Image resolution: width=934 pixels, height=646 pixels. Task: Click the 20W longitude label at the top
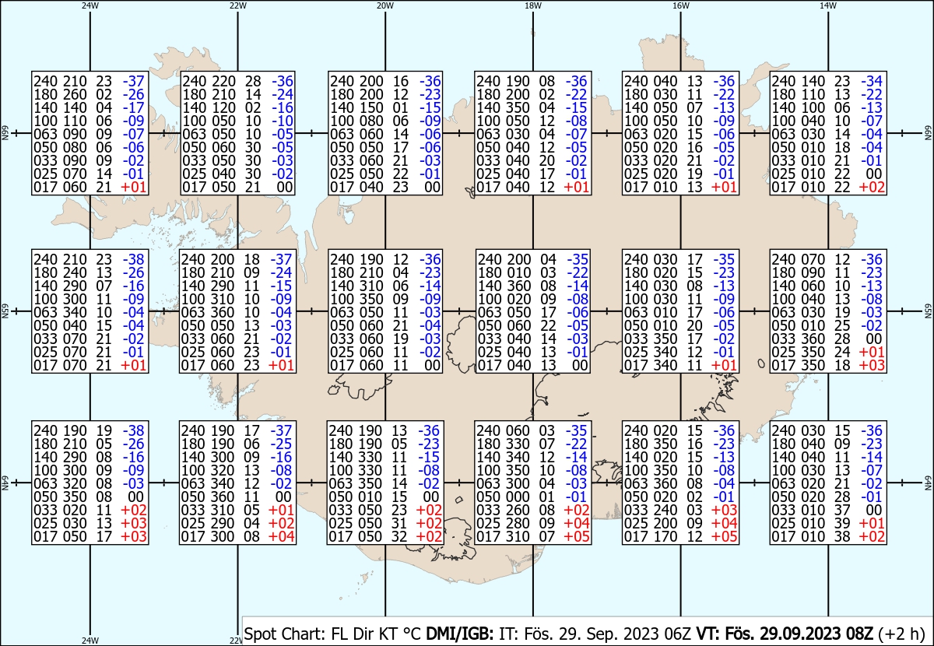point(384,6)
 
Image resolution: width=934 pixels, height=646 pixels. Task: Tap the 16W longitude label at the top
point(680,6)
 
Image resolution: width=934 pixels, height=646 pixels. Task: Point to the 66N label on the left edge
point(5,133)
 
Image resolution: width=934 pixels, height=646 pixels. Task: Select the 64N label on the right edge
point(928,483)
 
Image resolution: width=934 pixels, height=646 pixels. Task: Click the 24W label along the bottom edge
point(90,640)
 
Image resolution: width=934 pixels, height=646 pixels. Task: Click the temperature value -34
point(872,81)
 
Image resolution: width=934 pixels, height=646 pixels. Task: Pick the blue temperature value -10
point(283,121)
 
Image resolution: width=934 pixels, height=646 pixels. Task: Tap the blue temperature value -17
point(133,107)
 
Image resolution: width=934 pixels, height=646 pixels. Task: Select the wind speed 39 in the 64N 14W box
point(842,523)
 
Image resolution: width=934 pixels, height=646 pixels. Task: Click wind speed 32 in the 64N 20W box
point(399,537)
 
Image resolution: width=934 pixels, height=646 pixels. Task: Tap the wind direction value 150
point(370,107)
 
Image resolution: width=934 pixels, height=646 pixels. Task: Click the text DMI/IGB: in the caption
point(459,634)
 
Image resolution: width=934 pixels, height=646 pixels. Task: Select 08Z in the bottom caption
point(859,634)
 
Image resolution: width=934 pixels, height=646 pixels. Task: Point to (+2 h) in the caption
point(901,634)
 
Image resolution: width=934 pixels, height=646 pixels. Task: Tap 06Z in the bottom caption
point(679,634)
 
